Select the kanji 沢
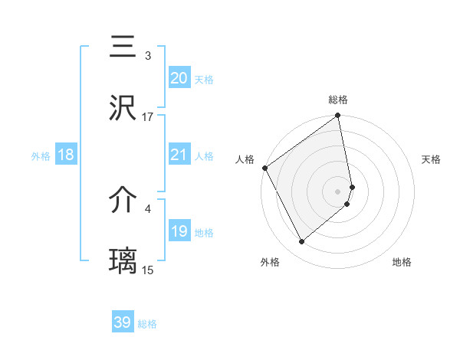point(123,109)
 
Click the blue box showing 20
point(179,78)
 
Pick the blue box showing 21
point(179,155)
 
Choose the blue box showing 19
point(179,231)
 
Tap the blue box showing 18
point(66,155)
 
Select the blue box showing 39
point(123,322)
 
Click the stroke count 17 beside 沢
point(148,117)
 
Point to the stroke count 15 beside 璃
point(148,270)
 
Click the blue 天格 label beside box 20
point(204,80)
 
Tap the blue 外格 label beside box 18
point(41,156)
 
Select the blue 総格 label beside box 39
point(147,324)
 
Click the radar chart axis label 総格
point(338,100)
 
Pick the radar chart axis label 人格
point(245,159)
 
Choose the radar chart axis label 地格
point(402,262)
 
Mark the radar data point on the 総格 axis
point(338,117)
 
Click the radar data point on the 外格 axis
point(301,241)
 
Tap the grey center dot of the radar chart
point(338,190)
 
